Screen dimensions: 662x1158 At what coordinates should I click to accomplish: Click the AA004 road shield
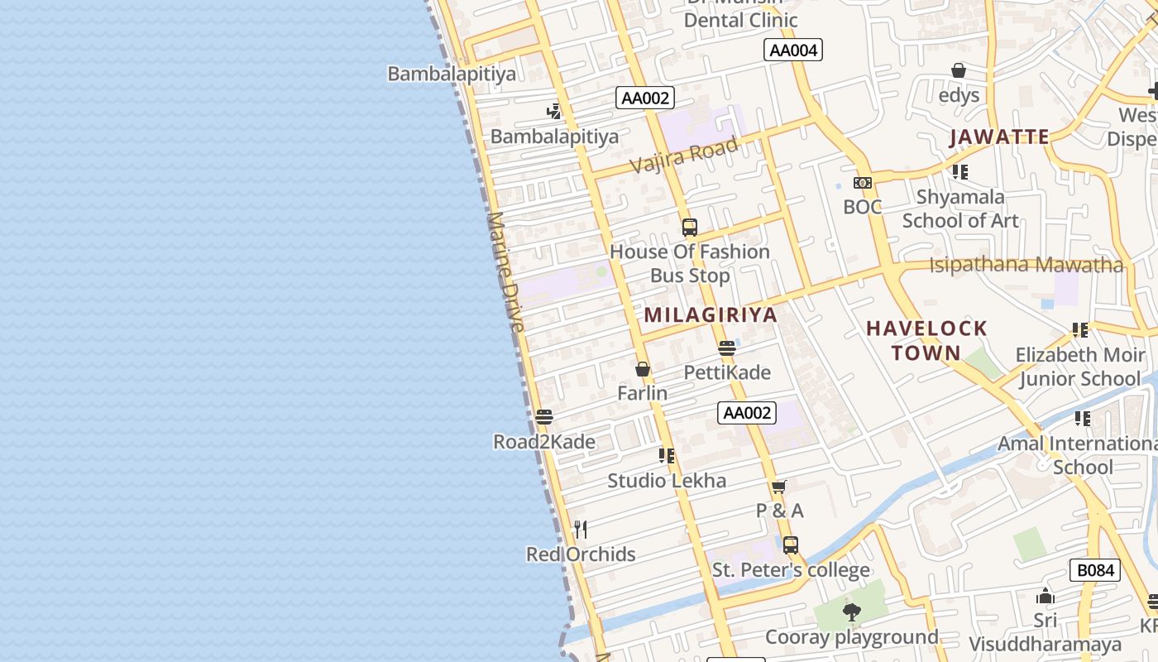point(793,50)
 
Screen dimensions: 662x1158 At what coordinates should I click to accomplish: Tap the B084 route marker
point(1095,570)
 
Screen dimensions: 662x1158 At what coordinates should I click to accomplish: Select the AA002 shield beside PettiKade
point(747,413)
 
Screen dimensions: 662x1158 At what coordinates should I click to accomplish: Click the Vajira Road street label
point(684,155)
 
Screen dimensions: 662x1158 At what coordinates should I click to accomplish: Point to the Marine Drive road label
point(506,272)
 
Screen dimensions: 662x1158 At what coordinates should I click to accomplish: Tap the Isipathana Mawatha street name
point(1026,266)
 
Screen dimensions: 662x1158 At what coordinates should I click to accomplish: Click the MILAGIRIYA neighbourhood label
point(711,315)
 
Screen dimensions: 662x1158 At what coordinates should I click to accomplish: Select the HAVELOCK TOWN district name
point(926,340)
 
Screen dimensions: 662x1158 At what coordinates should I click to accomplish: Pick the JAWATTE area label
point(999,137)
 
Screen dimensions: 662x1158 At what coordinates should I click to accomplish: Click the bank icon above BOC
point(863,183)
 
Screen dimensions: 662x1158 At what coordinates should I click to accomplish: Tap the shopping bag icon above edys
point(959,70)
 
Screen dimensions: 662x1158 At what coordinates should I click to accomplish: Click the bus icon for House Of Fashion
point(689,227)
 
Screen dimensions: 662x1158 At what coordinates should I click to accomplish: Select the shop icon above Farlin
point(643,369)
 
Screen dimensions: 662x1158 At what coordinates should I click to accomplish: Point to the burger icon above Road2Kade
point(543,417)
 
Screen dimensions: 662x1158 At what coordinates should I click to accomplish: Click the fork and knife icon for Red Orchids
point(581,529)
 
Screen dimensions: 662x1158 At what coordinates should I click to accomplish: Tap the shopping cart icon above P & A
point(778,487)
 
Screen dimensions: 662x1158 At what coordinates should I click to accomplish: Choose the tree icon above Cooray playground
point(851,612)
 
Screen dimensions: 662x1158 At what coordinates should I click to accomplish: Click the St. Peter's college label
point(791,570)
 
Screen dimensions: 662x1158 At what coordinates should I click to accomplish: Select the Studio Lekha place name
point(667,481)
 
